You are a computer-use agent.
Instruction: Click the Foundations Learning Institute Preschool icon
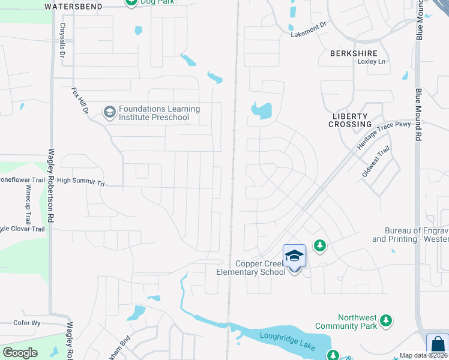[109, 112]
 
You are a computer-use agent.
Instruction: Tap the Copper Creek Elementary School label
[252, 268]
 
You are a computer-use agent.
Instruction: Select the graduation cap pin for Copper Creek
[294, 257]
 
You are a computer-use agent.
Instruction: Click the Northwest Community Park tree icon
[387, 322]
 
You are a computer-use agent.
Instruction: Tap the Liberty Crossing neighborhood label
[350, 119]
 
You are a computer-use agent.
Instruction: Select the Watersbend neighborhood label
[73, 5]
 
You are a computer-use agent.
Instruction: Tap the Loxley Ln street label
[370, 62]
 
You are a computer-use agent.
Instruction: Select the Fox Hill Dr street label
[79, 101]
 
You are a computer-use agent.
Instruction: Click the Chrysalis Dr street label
[62, 40]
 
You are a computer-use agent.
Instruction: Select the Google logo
[20, 353]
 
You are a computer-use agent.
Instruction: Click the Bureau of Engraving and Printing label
[410, 235]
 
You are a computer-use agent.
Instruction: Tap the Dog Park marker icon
[131, 2]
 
